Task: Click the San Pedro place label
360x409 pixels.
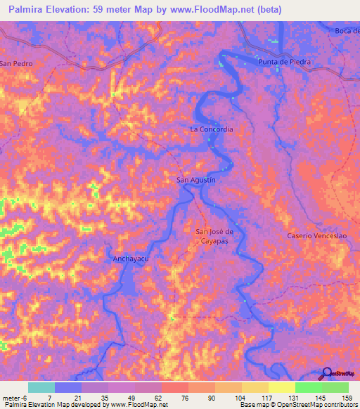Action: pyautogui.click(x=17, y=63)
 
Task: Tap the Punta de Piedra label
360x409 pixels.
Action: pyautogui.click(x=284, y=62)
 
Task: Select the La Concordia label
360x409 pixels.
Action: pyautogui.click(x=211, y=129)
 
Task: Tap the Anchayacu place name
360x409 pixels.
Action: pyautogui.click(x=132, y=259)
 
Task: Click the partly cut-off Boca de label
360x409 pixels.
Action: pyautogui.click(x=347, y=30)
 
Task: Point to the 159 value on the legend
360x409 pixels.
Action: pyautogui.click(x=347, y=397)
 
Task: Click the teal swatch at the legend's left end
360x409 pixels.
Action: pyautogui.click(x=41, y=387)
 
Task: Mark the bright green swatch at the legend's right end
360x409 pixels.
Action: pyautogui.click(x=335, y=387)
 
